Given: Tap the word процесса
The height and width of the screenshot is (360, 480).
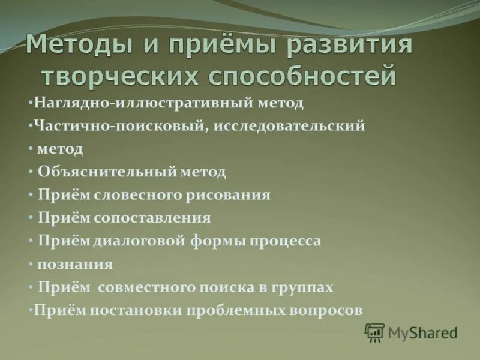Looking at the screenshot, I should coord(286,241).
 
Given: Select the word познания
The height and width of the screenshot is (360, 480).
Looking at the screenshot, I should coord(75,264).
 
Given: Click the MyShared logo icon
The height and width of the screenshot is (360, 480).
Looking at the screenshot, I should coord(374,332).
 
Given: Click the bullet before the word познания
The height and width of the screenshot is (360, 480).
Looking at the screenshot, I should coord(31,264).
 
